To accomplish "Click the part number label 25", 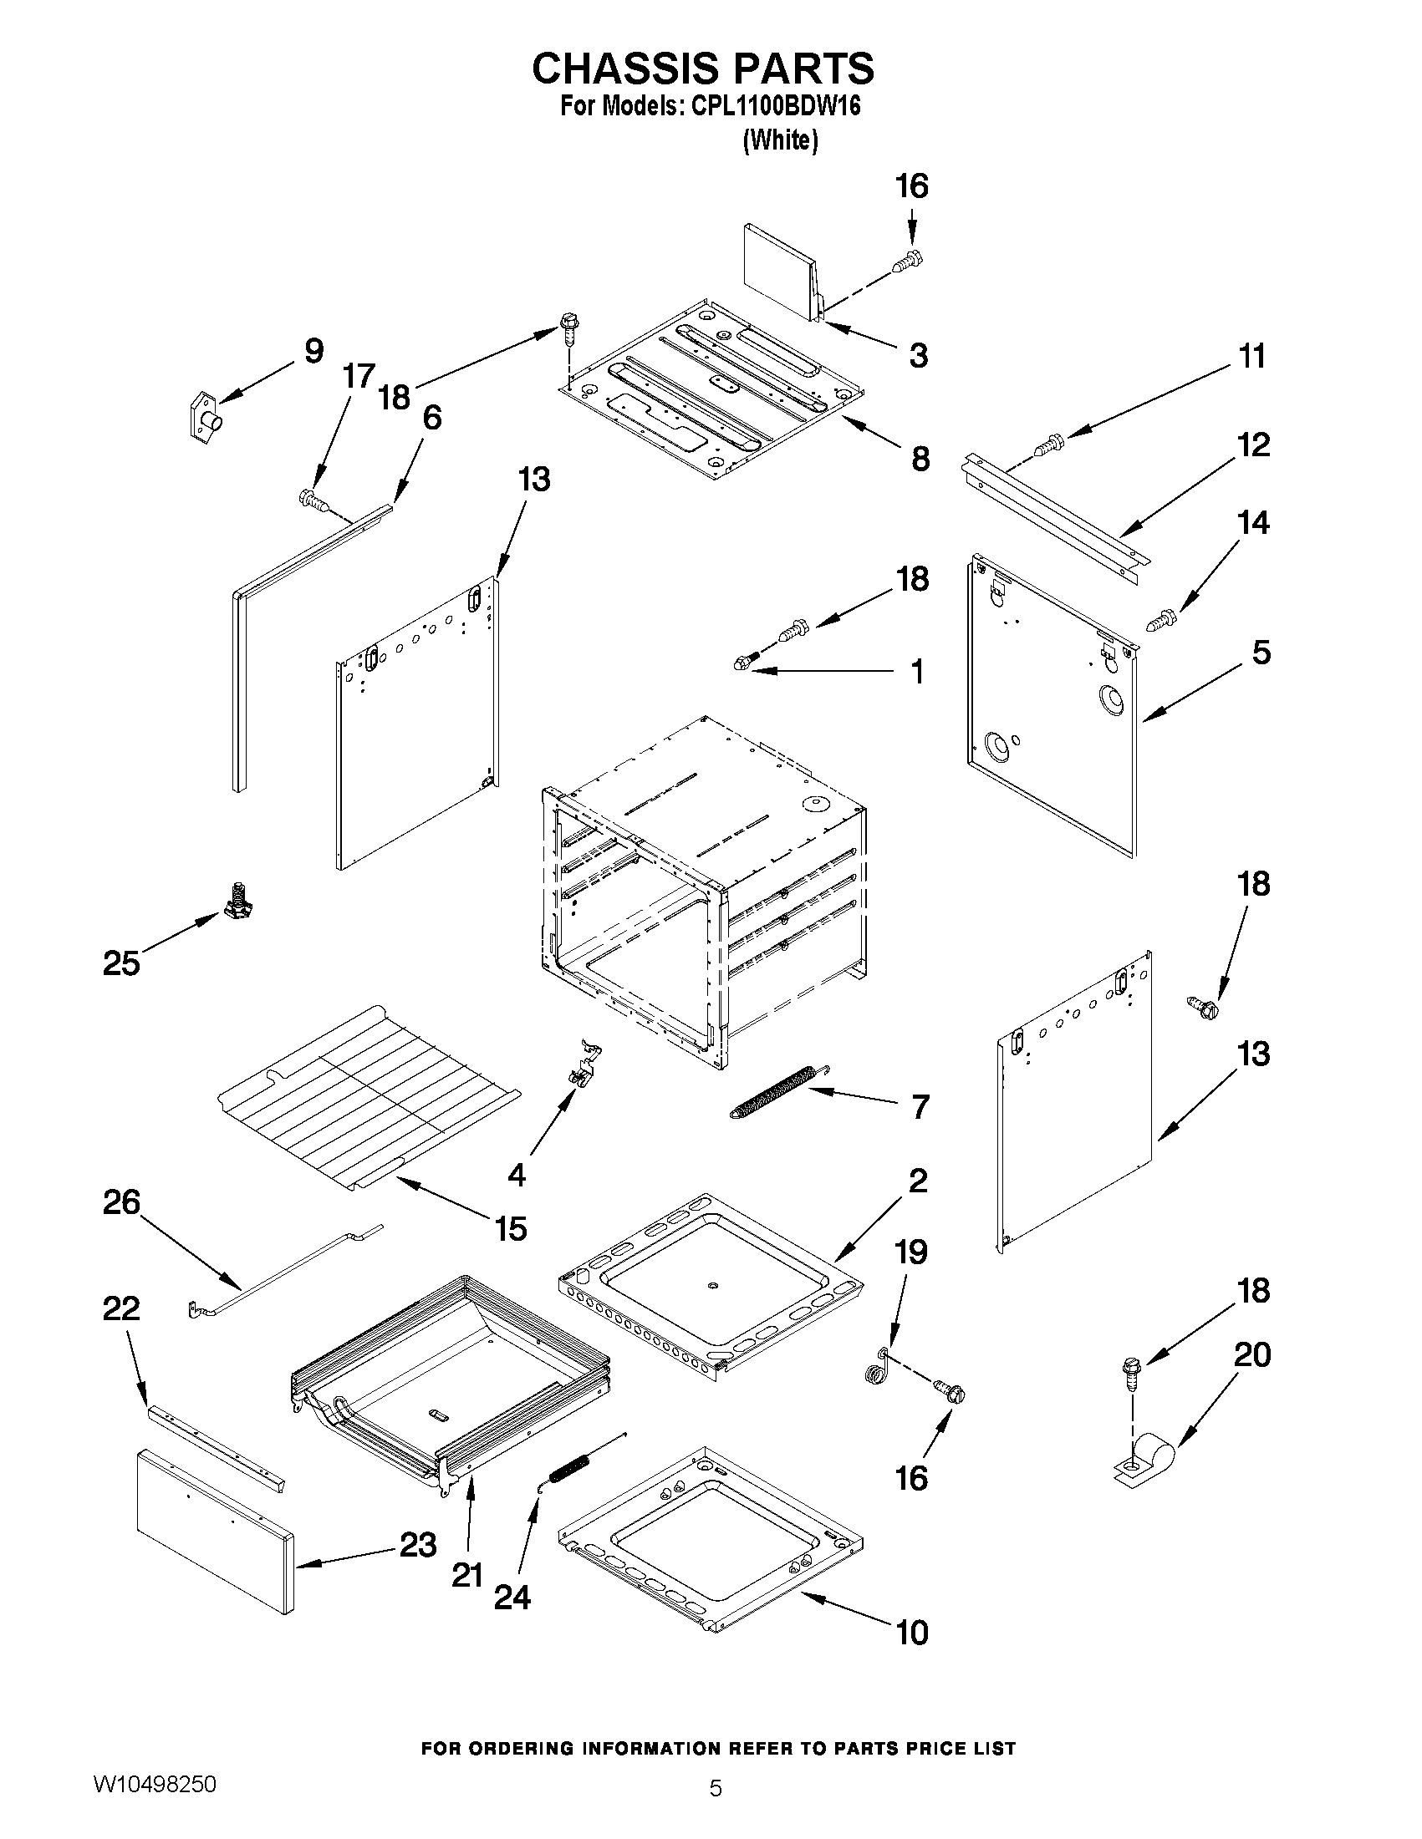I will [121, 963].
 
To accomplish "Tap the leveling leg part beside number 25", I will [239, 900].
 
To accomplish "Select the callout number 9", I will [313, 351].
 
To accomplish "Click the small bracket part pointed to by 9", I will [205, 416].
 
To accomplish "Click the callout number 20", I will [1251, 1355].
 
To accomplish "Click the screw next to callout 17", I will [313, 500].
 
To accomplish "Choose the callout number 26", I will [121, 1201].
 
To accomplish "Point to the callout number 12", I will [1253, 444].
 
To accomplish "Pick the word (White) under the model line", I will [780, 140].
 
